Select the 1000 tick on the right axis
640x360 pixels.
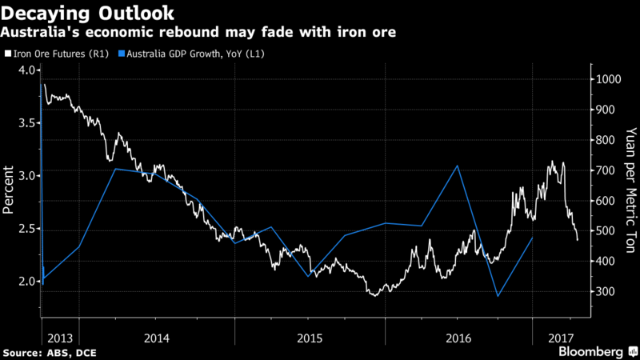tap(606, 79)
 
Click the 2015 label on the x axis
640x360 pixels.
tap(309, 337)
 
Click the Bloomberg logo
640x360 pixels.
tap(591, 352)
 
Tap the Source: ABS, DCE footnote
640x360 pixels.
tap(46, 352)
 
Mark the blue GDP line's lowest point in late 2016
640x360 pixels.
tap(498, 296)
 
